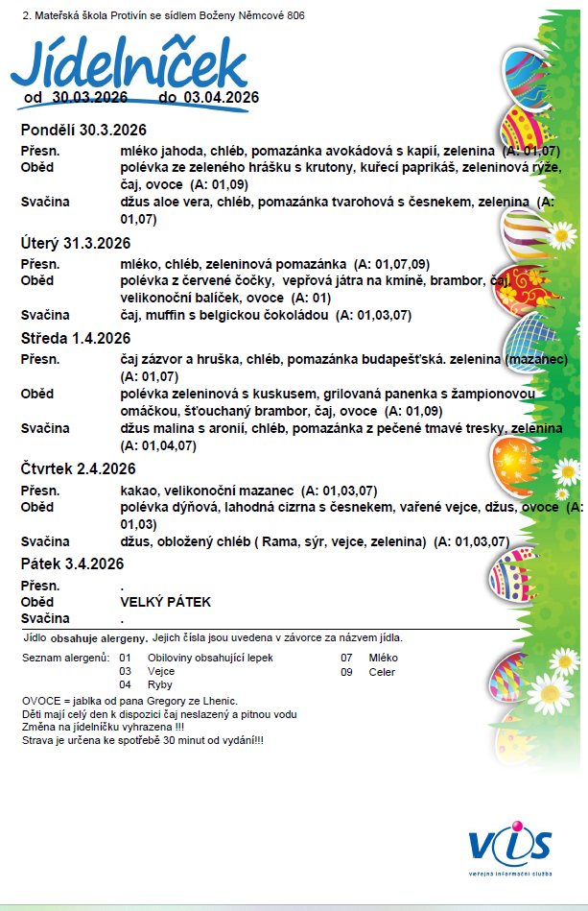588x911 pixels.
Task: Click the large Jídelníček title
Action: coord(129,65)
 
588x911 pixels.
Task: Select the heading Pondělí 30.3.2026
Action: coord(82,130)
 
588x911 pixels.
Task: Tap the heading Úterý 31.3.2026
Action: coord(76,243)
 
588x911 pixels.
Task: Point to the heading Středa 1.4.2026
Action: coord(75,338)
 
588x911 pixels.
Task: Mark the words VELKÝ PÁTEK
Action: coord(165,602)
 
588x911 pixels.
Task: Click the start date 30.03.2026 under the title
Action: coord(91,97)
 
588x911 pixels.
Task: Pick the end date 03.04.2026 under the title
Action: coord(222,97)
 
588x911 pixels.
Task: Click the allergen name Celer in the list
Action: coord(382,672)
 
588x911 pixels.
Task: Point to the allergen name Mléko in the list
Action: coord(383,658)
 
